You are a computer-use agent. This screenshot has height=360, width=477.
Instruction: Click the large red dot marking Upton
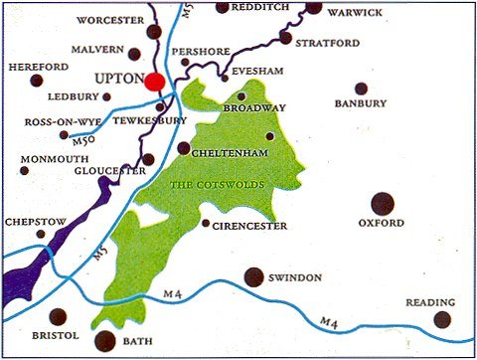click(x=155, y=82)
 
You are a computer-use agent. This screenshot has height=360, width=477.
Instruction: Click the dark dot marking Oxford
click(x=383, y=204)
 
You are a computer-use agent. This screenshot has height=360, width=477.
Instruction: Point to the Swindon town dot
click(x=254, y=276)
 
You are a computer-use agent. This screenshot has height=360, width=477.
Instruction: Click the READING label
click(x=430, y=302)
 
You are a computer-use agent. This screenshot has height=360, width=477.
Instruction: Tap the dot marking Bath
click(x=104, y=341)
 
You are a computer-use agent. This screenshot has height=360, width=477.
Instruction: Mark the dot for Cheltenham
click(x=184, y=148)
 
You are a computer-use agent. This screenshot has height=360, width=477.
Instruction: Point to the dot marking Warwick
click(x=314, y=7)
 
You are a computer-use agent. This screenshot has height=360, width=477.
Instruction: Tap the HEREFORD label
click(x=35, y=66)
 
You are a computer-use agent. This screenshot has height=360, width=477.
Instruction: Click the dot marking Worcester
click(x=154, y=32)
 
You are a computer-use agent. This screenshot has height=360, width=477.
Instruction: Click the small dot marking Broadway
click(x=241, y=96)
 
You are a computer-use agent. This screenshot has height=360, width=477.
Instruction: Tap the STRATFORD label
click(x=332, y=43)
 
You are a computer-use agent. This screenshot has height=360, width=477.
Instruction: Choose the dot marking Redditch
click(x=221, y=7)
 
